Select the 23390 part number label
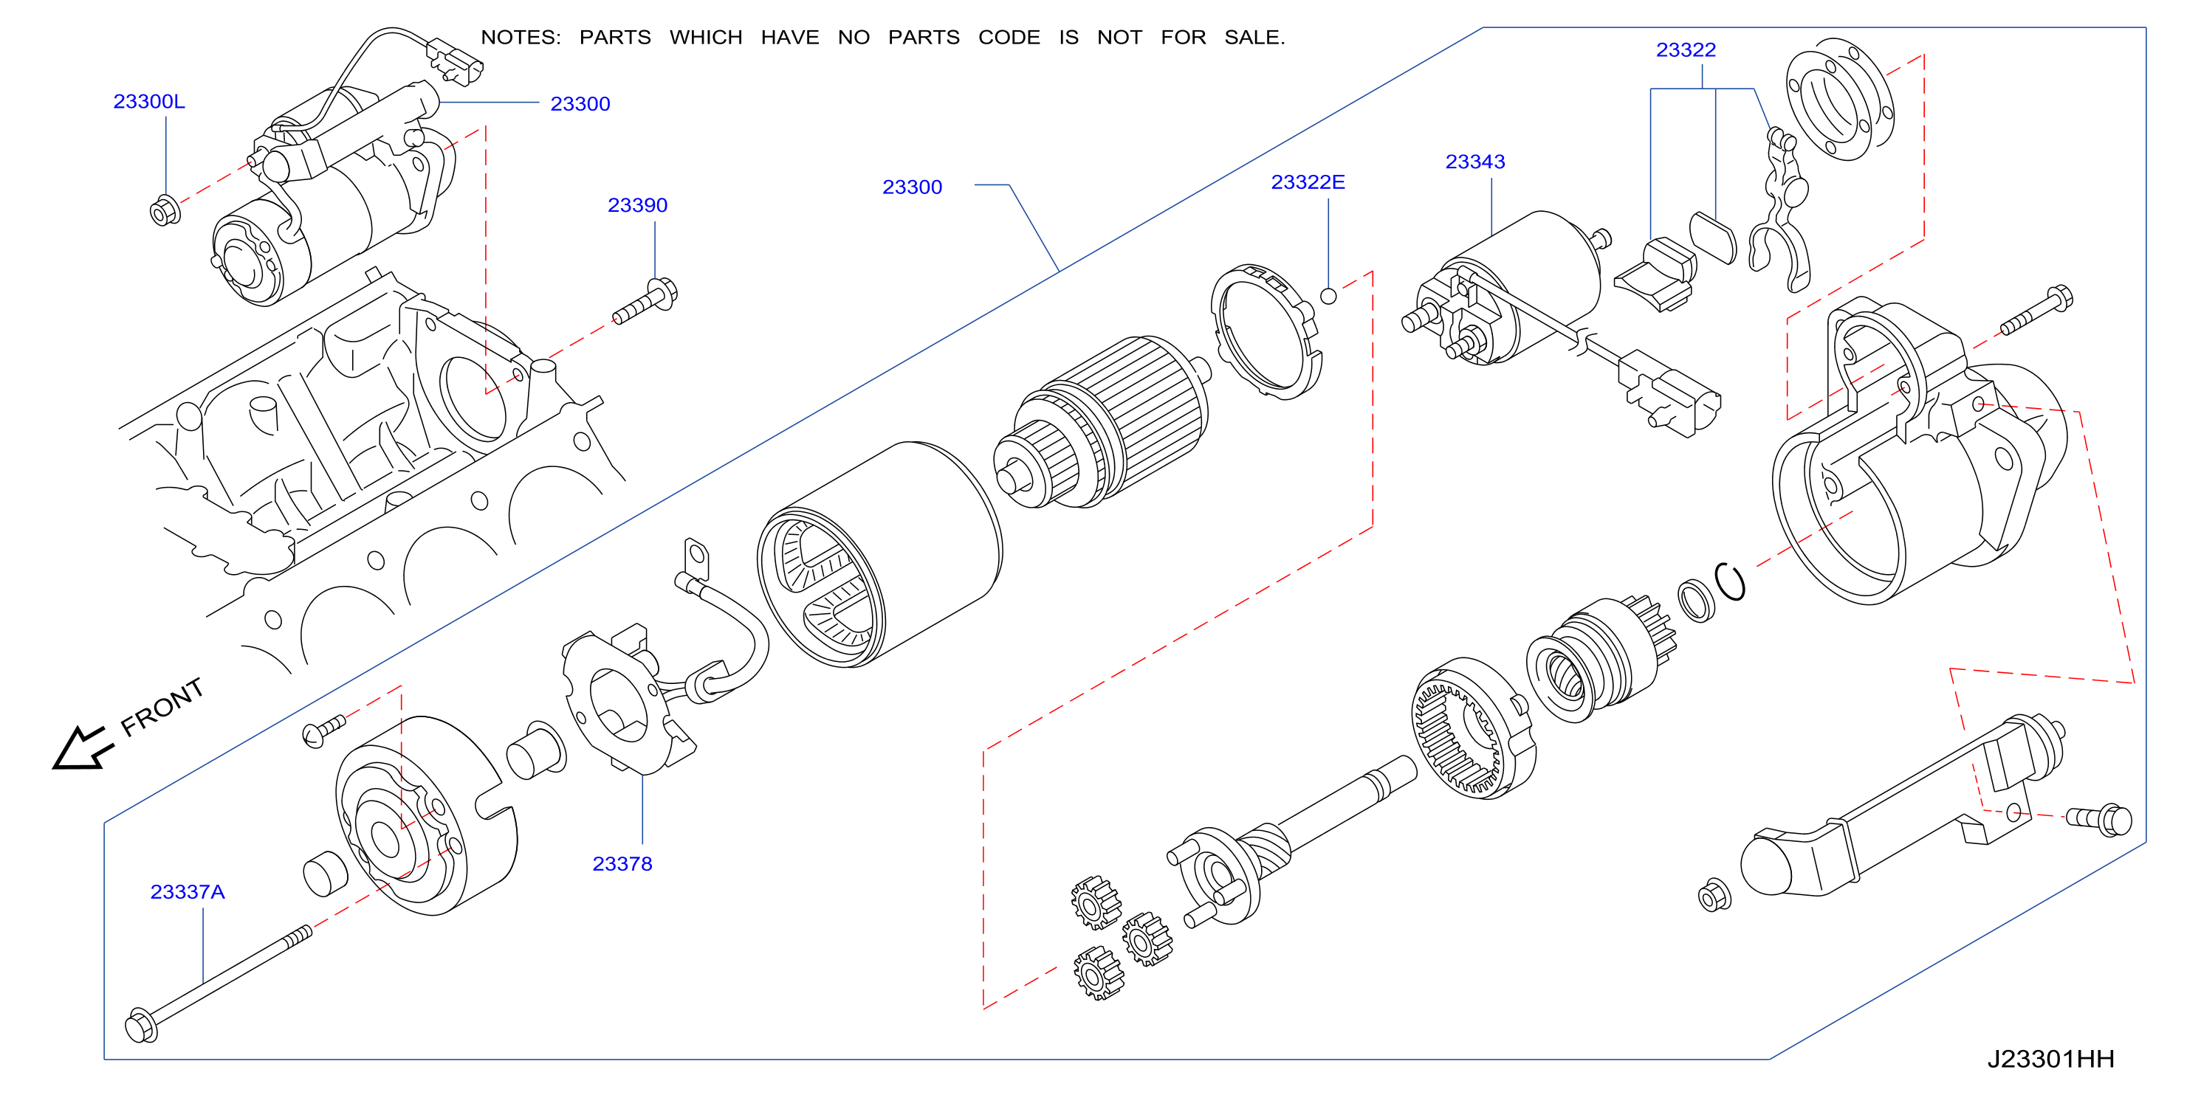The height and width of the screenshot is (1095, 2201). (x=637, y=206)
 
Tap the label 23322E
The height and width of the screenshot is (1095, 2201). (x=1308, y=183)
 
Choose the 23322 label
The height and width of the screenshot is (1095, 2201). (x=1686, y=50)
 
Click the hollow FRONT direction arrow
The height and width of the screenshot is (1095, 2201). (x=82, y=748)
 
